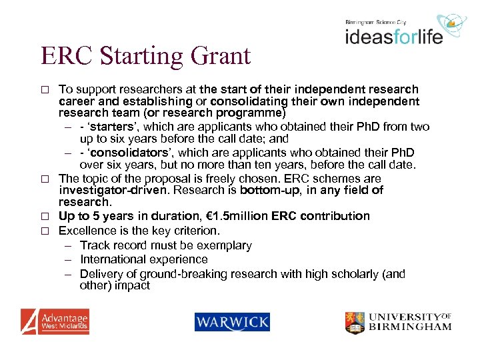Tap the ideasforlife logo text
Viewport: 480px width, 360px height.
click(393, 35)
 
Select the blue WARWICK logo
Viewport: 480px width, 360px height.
click(232, 322)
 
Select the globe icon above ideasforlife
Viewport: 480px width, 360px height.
click(455, 24)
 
